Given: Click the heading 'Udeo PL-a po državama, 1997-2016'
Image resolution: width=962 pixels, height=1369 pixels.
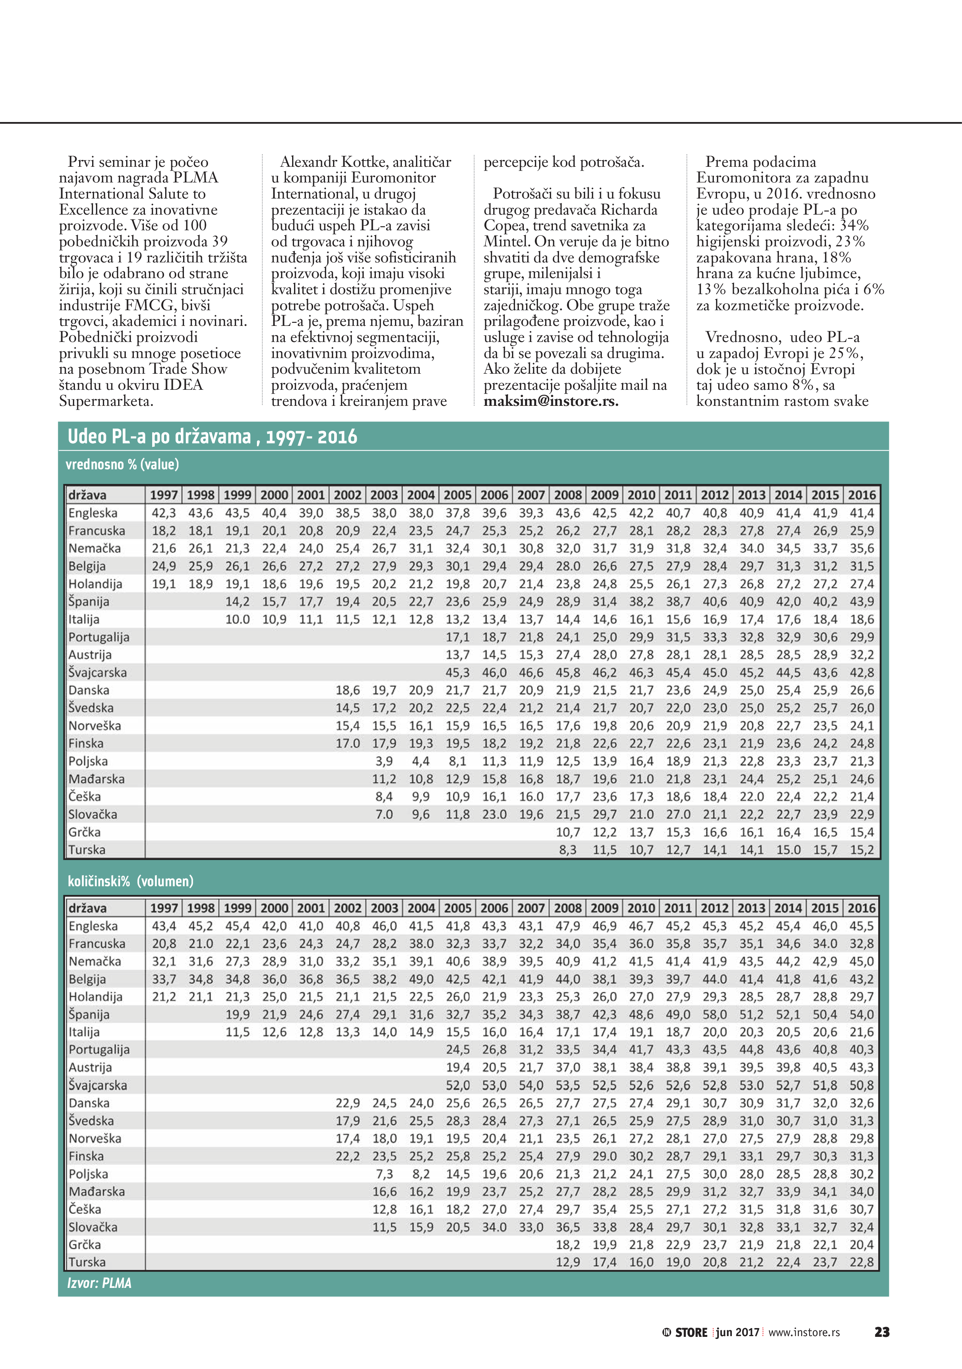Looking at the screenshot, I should point(212,437).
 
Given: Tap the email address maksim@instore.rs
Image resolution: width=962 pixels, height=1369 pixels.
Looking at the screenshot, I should point(551,401).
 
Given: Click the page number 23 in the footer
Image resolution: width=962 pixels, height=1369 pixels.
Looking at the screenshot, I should point(882,1332).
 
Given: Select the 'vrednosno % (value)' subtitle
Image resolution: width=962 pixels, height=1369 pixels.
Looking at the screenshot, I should point(122,464).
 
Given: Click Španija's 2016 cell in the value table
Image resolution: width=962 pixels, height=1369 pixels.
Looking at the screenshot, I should point(862,602).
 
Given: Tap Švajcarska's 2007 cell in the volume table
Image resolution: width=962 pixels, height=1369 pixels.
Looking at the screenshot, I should point(530,1085).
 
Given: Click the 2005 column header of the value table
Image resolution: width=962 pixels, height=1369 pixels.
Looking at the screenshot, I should point(457,495).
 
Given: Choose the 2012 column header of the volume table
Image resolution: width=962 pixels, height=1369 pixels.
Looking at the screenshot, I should point(715,908).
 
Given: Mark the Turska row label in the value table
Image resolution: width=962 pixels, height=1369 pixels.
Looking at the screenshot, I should point(87,850).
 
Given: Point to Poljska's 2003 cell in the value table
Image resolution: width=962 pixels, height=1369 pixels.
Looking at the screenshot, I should point(384,762).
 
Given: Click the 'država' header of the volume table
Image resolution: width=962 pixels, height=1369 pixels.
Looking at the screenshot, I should point(87,908).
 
